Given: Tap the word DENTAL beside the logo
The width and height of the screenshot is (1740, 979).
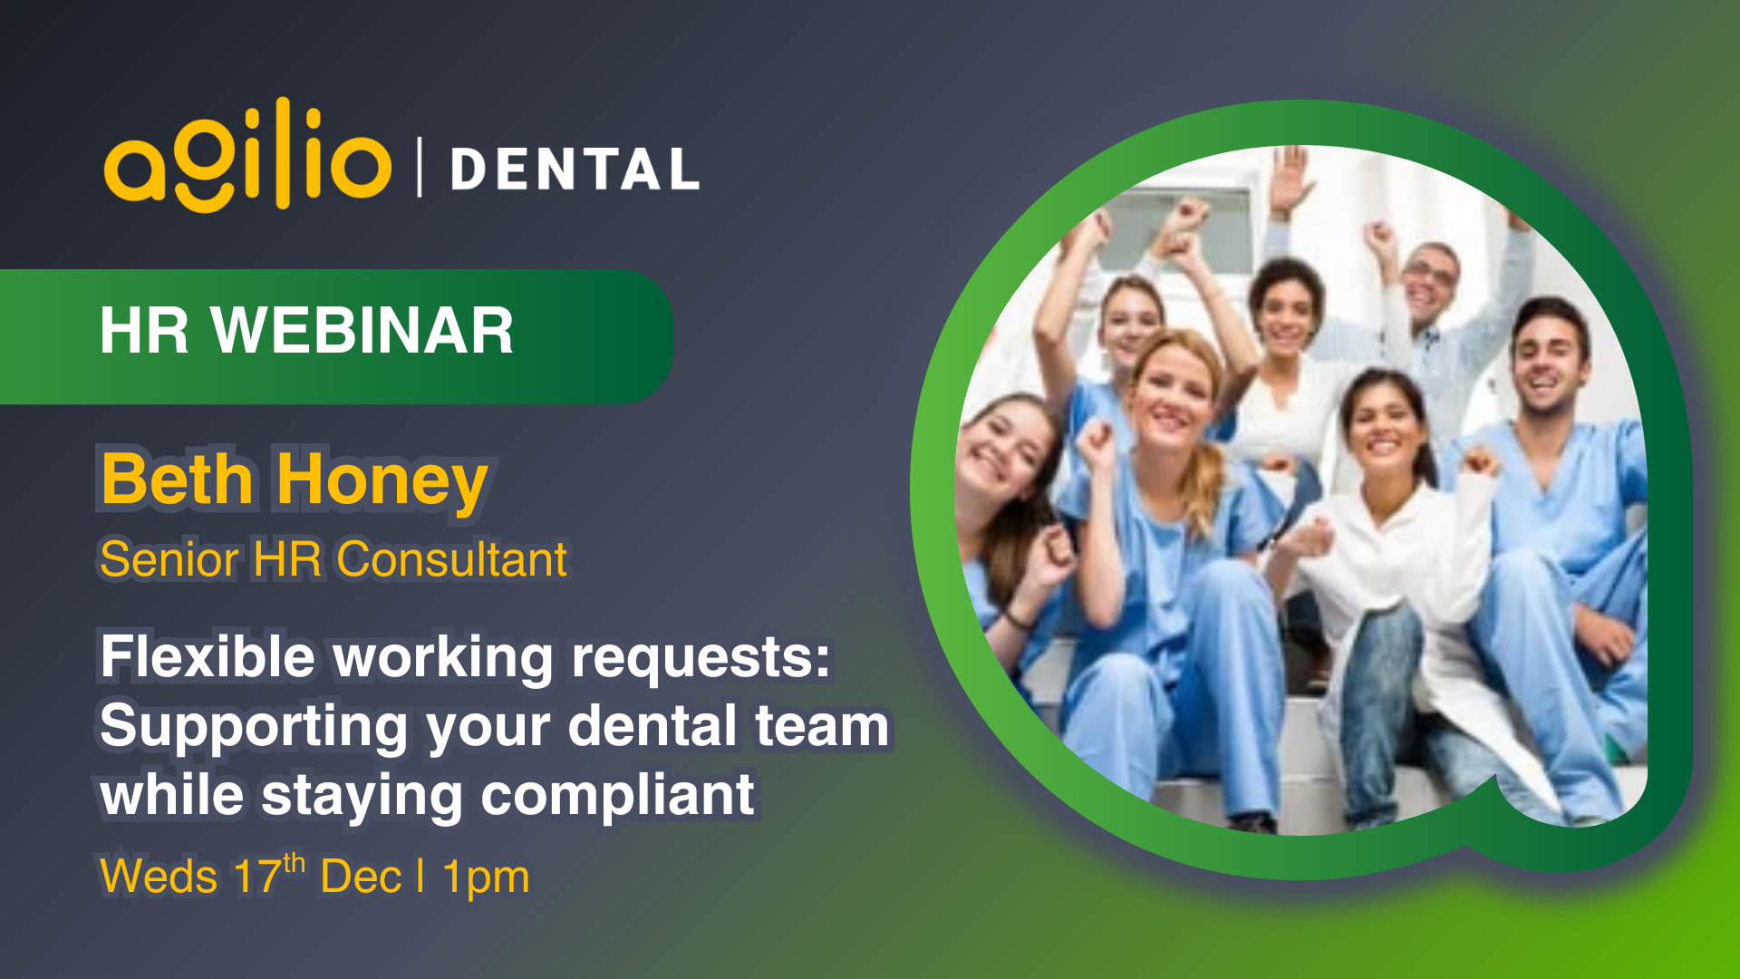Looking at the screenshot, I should (575, 170).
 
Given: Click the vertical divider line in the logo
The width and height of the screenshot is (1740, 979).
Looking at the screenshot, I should (420, 167).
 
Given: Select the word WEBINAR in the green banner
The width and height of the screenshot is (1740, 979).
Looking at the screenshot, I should (362, 331).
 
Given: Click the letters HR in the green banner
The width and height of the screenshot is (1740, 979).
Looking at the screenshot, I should (144, 331).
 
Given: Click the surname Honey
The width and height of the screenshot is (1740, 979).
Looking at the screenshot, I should (382, 481).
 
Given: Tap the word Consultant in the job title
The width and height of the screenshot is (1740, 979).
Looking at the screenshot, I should (451, 559).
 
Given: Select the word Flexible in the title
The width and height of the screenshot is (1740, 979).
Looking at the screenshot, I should (208, 656).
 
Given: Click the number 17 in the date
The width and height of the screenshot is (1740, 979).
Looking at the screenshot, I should (256, 877).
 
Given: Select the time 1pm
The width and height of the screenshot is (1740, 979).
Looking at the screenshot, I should (486, 877).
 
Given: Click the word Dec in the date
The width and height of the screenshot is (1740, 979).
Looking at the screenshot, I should (361, 877).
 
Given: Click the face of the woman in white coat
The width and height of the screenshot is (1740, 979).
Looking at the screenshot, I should (1384, 427).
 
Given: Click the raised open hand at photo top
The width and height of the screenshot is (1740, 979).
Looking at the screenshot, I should (1290, 177).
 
